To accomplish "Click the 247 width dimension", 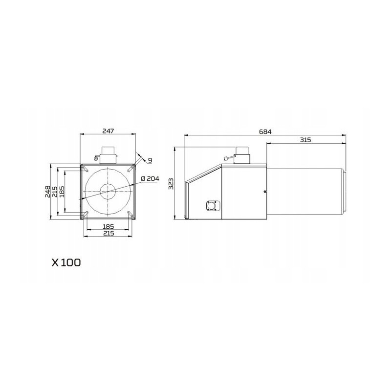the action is (108, 131).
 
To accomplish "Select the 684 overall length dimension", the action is (265, 131).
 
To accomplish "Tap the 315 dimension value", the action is (305, 140).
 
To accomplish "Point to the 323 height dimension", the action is (171, 184).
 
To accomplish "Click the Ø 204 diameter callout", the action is (150, 178).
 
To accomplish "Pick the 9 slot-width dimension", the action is (150, 160).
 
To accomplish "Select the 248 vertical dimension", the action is (47, 192).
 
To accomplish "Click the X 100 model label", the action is (66, 262).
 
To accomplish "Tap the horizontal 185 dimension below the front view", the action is (108, 226).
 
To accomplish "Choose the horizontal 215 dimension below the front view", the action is (108, 233).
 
